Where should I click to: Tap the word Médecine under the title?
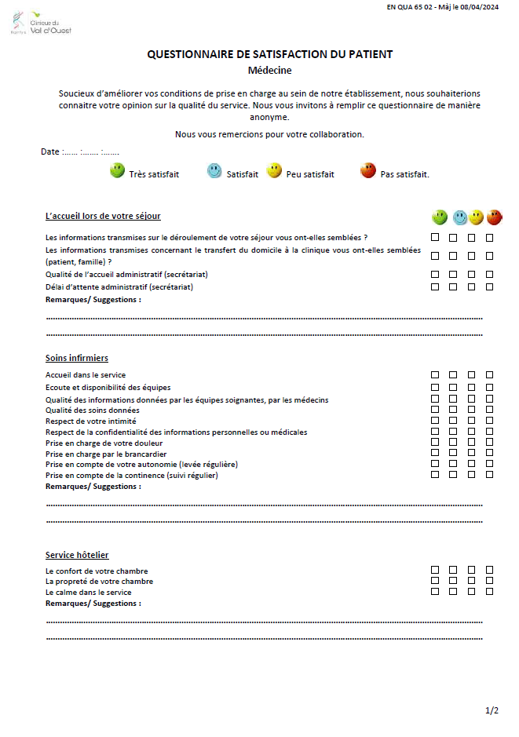(x=269, y=70)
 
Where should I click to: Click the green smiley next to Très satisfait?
(x=117, y=170)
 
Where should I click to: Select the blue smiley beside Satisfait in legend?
(x=214, y=170)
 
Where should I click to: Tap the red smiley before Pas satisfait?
(x=367, y=170)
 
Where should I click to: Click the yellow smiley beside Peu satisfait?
(x=274, y=170)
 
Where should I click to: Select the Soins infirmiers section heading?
(x=77, y=358)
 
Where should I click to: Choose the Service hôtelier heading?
(x=77, y=555)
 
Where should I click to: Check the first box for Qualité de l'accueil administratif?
(x=435, y=274)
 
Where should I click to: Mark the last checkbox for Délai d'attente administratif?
(x=489, y=286)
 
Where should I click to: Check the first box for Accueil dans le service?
(x=435, y=375)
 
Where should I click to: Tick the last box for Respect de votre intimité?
(x=489, y=420)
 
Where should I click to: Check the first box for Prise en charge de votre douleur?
(x=435, y=442)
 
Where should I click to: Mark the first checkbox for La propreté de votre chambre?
(x=435, y=581)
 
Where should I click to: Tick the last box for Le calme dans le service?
(x=489, y=592)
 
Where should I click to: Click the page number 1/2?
(x=492, y=710)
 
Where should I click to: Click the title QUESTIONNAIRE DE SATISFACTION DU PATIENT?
(x=269, y=54)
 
